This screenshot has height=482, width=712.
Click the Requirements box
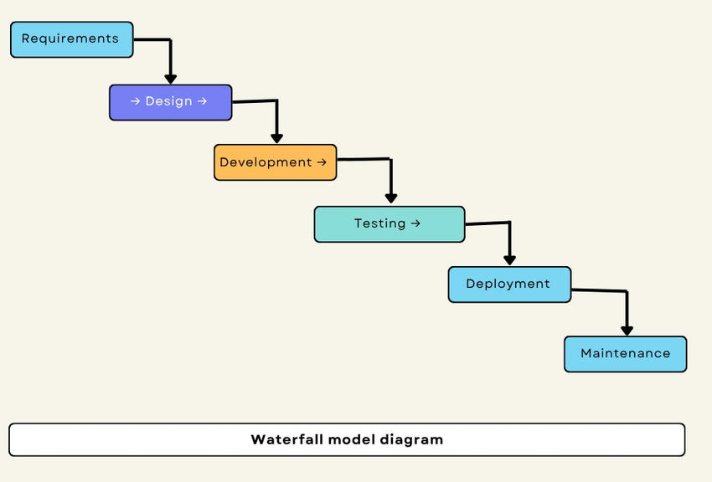point(71,39)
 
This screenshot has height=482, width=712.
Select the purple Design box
point(170,102)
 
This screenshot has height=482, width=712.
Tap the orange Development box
point(275,162)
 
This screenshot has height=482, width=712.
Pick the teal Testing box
point(389,224)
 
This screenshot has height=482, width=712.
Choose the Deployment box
point(509,285)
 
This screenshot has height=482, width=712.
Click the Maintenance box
point(625,354)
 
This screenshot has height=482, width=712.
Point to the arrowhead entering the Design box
point(171,79)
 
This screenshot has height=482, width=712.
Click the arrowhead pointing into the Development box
point(276,138)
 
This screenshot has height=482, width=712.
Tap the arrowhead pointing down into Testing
point(390,198)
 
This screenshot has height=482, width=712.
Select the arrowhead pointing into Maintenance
point(627,331)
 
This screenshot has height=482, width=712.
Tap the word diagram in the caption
point(411,439)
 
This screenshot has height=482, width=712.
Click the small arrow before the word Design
point(135,101)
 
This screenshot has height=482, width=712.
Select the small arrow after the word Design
point(201,101)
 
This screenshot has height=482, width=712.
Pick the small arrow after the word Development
point(322,162)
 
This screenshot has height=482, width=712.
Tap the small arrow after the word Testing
point(415,223)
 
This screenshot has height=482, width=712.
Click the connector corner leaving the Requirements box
point(170,39)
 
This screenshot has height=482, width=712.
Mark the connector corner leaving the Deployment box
point(626,291)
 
